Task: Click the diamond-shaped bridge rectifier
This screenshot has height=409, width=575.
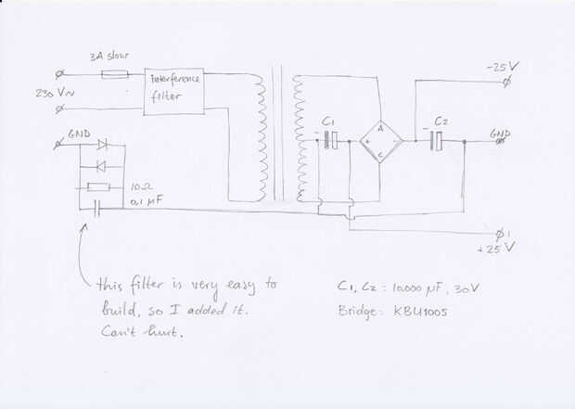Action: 379,141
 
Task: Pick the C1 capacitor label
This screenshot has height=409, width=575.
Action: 327,123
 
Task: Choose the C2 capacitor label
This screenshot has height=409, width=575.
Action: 441,122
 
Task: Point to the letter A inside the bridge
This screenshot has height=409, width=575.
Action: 379,131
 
